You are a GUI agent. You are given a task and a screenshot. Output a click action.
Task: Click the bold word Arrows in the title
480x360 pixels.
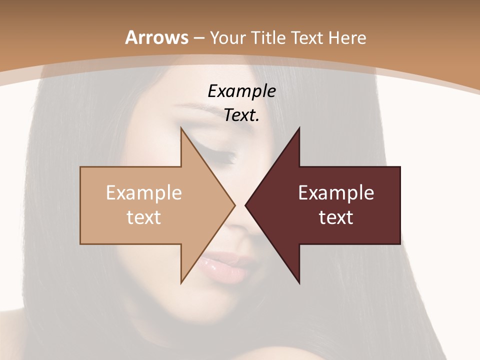coord(156,37)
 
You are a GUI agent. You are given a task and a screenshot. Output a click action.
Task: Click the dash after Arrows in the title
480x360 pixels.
coord(197,38)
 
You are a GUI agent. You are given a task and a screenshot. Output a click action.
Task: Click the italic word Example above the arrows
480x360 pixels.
coord(241,91)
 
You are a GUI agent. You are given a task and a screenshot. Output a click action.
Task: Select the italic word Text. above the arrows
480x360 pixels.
coord(241,115)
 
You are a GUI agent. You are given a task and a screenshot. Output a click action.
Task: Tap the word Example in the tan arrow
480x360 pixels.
coord(144,193)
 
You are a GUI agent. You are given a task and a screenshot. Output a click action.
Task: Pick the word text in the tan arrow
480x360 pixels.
coord(144,217)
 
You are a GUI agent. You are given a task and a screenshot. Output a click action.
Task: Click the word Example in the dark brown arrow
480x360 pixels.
coord(336,193)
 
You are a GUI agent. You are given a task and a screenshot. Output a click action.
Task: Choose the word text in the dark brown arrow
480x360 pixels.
coord(336,217)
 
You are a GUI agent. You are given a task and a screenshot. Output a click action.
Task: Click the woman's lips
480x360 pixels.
coord(227,265)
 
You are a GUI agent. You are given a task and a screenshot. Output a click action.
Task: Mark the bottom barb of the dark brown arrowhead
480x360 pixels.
coord(298,281)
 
